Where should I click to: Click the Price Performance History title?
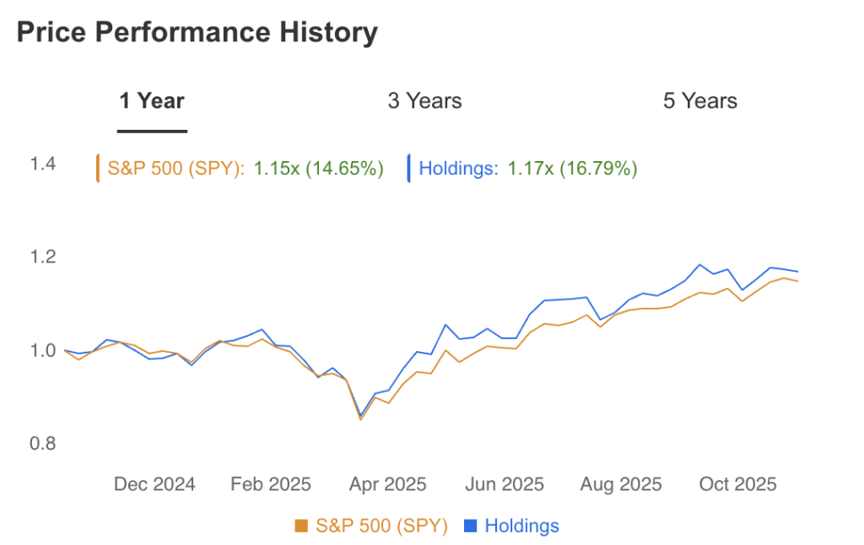click(197, 33)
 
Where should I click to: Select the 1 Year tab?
click(152, 101)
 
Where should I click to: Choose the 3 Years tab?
click(424, 101)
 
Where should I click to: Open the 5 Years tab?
click(699, 101)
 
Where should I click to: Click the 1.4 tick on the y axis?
click(43, 164)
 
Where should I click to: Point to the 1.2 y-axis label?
click(43, 256)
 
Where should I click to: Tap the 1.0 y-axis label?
click(43, 350)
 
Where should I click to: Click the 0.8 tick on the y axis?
click(43, 444)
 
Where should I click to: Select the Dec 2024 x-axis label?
click(154, 484)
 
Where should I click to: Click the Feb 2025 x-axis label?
click(271, 484)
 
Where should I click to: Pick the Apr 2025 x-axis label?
click(387, 484)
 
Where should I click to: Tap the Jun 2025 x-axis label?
click(504, 484)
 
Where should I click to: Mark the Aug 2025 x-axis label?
click(621, 484)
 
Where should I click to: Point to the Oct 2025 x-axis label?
click(737, 484)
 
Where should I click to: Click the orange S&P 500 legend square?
click(301, 526)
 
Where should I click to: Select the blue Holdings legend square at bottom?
click(471, 526)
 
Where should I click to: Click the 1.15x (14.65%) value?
click(319, 169)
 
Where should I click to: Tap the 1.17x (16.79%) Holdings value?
click(572, 169)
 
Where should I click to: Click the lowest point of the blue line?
click(361, 416)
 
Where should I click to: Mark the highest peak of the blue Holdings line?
click(699, 265)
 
